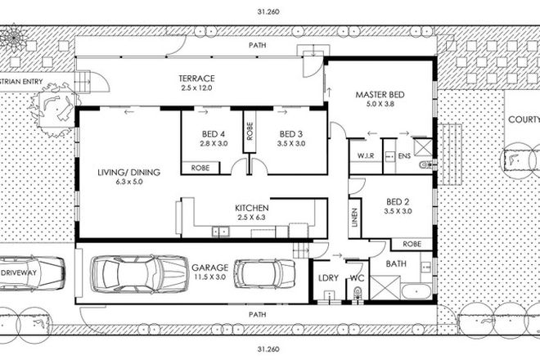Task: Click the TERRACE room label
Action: (196, 79)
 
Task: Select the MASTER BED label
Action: (377, 94)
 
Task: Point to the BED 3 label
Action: (292, 134)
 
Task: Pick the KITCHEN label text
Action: (251, 209)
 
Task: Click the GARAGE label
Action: (209, 267)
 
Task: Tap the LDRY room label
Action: (327, 278)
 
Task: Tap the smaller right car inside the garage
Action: (264, 274)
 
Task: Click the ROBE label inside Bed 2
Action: (413, 244)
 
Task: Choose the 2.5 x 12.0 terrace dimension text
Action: (196, 88)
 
